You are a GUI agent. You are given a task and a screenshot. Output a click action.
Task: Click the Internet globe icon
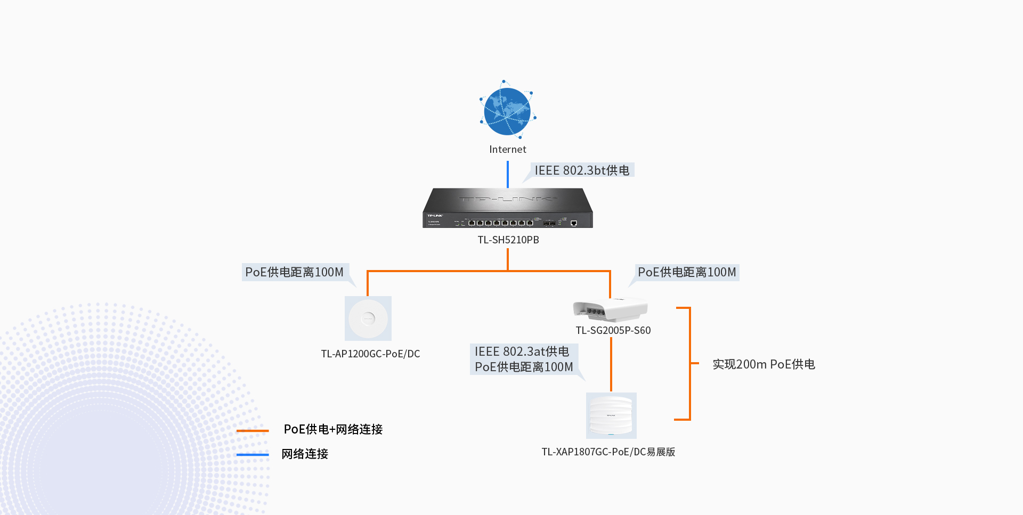click(507, 111)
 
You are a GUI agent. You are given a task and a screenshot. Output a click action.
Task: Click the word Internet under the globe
click(507, 150)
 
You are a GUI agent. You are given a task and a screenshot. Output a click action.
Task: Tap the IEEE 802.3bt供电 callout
click(582, 170)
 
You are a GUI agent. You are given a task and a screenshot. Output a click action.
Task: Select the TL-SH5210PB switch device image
click(508, 208)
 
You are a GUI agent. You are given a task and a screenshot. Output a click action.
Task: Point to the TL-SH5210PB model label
click(508, 240)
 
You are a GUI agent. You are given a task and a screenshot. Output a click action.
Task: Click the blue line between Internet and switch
click(508, 174)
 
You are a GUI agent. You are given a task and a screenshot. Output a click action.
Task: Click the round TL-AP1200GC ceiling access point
click(368, 318)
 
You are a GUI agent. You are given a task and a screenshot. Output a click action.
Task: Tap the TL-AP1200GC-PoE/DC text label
click(370, 354)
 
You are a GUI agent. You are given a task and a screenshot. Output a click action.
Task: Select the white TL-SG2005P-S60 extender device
click(610, 310)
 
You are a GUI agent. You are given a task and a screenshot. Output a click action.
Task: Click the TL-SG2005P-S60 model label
click(613, 331)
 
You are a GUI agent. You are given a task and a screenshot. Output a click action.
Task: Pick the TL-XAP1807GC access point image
click(611, 415)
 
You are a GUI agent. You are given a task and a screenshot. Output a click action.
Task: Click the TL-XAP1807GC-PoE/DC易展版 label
click(608, 452)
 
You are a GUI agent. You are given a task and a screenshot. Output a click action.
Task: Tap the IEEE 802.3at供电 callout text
click(522, 351)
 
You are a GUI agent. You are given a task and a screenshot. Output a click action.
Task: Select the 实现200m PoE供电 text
click(764, 365)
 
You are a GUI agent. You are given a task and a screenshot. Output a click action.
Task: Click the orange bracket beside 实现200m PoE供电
click(689, 363)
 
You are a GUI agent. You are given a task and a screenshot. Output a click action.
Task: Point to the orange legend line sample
click(253, 430)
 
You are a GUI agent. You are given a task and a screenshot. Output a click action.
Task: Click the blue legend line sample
click(253, 454)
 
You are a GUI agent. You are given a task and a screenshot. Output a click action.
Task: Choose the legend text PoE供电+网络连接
click(333, 429)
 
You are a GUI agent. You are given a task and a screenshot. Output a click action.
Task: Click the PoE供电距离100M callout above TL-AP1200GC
click(295, 272)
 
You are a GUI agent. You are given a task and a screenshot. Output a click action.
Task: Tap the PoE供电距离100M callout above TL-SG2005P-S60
click(687, 272)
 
